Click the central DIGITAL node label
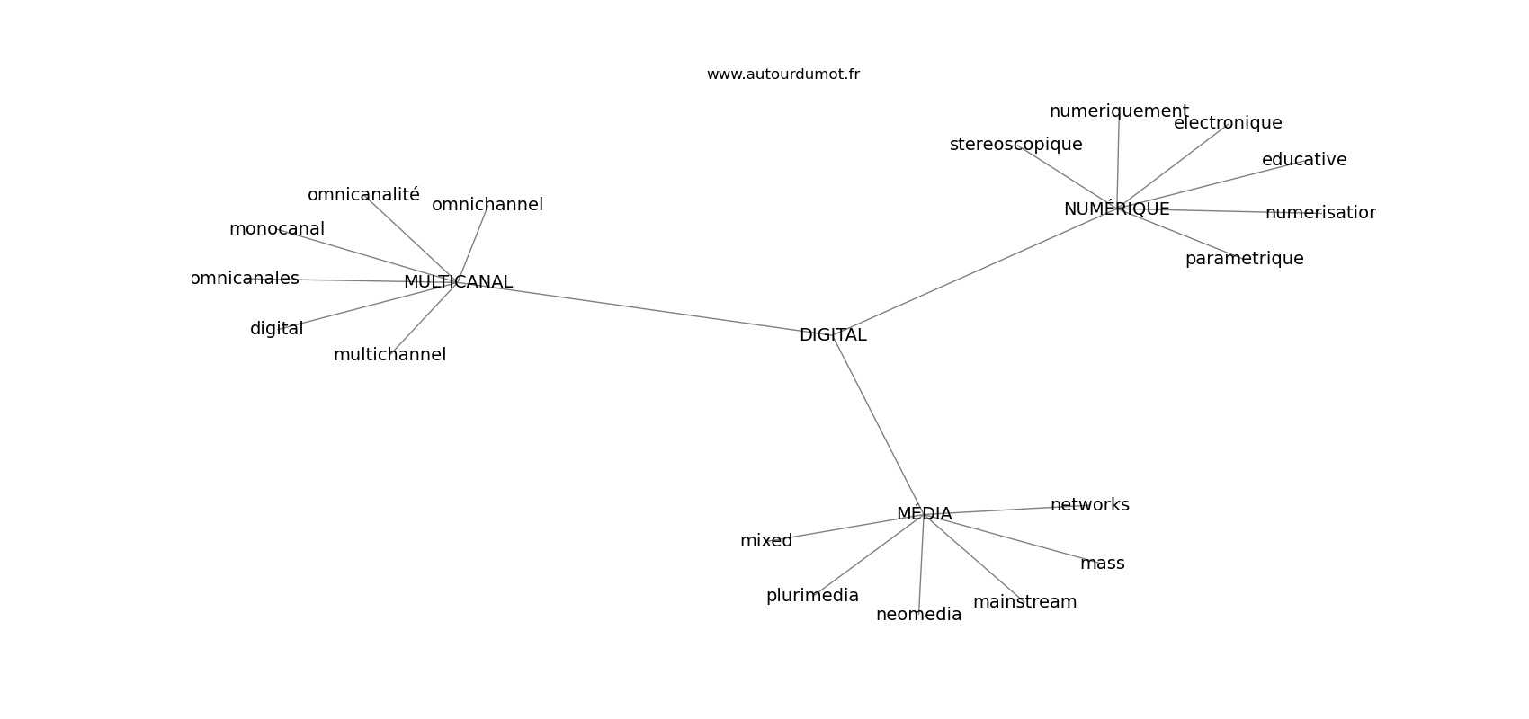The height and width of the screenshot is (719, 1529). (x=833, y=335)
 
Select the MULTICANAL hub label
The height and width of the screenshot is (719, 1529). (x=458, y=281)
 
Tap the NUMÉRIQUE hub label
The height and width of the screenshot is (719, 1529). (x=1117, y=209)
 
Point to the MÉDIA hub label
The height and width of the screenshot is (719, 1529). (x=925, y=513)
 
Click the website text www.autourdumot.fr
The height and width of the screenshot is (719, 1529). (x=782, y=75)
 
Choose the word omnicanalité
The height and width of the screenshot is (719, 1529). (x=364, y=194)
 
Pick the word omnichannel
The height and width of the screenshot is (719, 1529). (x=487, y=205)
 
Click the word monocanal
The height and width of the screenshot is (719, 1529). (x=277, y=229)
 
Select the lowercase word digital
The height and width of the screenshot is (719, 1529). (x=276, y=329)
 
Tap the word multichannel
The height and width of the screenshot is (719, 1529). (x=389, y=355)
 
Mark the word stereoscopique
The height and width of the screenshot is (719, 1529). (x=1015, y=145)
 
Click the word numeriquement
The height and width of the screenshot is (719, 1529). (x=1119, y=111)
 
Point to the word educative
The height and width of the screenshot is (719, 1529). (x=1304, y=160)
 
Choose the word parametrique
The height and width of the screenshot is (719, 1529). (x=1245, y=259)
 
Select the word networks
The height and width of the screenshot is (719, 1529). (x=1090, y=505)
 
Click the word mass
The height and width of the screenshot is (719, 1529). (x=1103, y=564)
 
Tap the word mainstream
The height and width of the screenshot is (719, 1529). (x=1024, y=601)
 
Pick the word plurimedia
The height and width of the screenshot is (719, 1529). (x=812, y=596)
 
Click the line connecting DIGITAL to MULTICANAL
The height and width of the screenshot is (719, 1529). (x=645, y=308)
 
